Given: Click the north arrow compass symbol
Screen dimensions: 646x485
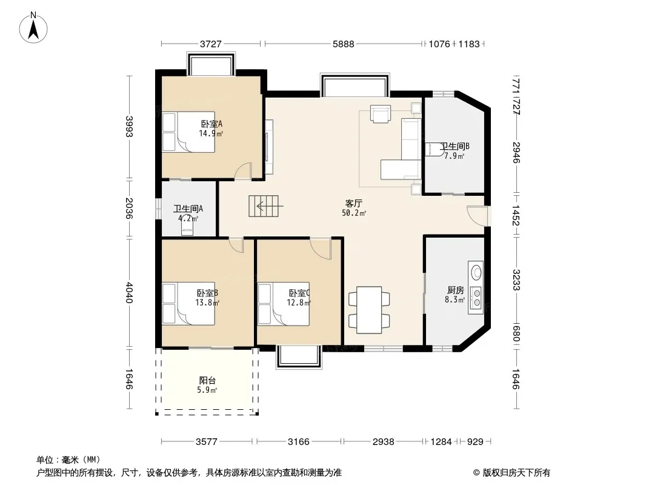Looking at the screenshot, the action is click(33, 28).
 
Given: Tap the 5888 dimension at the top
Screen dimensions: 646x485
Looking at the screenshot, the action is click(343, 44).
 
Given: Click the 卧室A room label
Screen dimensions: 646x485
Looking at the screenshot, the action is click(211, 124).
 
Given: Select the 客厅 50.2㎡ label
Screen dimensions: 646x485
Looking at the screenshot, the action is click(354, 208).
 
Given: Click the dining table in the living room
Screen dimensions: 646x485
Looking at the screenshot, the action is click(369, 310).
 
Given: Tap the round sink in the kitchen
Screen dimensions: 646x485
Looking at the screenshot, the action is click(476, 272).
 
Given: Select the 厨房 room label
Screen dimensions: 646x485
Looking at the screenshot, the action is click(455, 290).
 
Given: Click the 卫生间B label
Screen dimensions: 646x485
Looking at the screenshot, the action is click(455, 146).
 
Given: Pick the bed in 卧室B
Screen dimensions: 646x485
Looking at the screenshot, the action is click(188, 304).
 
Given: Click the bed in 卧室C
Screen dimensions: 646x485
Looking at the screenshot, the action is click(284, 304).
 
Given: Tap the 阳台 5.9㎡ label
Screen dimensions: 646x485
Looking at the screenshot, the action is click(207, 385).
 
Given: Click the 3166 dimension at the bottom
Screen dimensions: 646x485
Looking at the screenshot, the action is click(298, 442).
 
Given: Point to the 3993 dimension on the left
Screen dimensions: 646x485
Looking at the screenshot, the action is click(129, 127).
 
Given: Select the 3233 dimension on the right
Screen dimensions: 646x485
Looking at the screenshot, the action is click(516, 280).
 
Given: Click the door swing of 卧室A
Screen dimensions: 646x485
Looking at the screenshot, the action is click(243, 171).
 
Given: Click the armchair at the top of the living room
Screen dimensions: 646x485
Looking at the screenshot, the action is click(380, 114).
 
